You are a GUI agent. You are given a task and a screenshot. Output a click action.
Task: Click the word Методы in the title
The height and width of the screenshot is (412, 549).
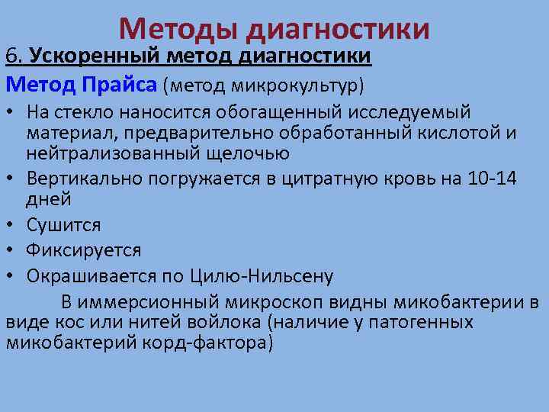(x=180, y=30)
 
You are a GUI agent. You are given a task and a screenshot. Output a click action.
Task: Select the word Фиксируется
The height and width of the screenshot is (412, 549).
(x=83, y=250)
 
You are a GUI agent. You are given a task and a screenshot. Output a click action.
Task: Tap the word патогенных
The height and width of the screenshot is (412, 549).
(x=422, y=322)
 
